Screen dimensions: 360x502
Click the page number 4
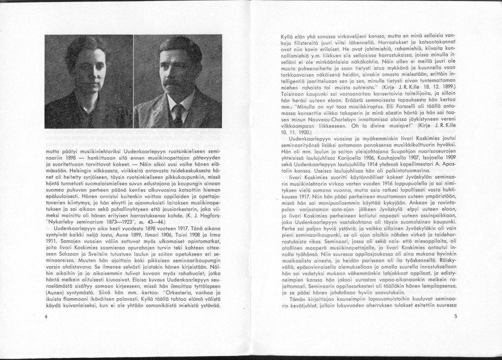46,316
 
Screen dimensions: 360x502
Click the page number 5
455,316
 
